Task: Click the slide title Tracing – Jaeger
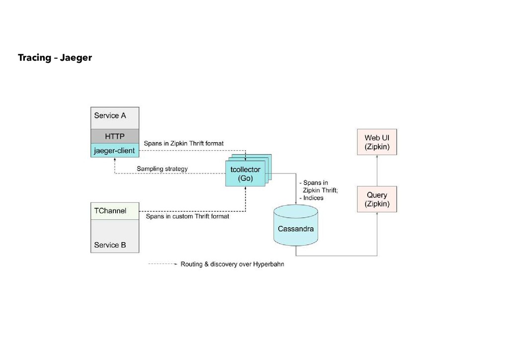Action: (55, 58)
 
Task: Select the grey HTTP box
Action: (115, 136)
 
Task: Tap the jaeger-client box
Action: (115, 150)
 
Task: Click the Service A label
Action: (110, 115)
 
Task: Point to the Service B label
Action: (110, 245)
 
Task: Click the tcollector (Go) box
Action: (245, 174)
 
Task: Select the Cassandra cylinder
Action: (296, 229)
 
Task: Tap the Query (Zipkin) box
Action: (377, 199)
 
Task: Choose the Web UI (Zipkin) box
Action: (377, 142)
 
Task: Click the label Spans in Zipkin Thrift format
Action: (184, 143)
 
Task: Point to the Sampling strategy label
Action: (162, 169)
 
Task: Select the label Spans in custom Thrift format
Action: (187, 216)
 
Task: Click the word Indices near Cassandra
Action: (313, 198)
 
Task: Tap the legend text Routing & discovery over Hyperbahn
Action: (232, 265)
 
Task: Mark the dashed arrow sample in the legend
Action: (163, 265)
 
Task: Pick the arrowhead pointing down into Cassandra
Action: (296, 201)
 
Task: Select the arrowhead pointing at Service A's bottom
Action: (115, 160)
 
